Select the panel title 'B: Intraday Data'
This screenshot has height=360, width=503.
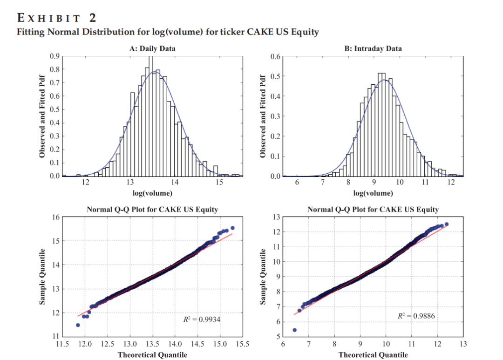[x=374, y=48]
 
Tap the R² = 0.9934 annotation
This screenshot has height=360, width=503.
[x=202, y=319]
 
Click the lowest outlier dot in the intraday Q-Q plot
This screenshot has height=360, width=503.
[x=294, y=330]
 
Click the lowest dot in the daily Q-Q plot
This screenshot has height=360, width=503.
[x=78, y=325]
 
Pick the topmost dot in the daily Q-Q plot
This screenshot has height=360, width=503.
[x=232, y=228]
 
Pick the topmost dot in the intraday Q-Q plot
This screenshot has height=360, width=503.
[x=447, y=224]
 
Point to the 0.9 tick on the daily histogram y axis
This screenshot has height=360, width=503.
[x=54, y=56]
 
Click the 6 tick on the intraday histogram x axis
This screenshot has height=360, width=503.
[x=297, y=182]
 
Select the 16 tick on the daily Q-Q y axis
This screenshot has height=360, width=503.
[x=56, y=217]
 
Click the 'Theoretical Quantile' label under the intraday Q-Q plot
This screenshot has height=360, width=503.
[x=373, y=355]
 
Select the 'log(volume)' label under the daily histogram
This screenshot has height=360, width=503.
[x=152, y=193]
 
